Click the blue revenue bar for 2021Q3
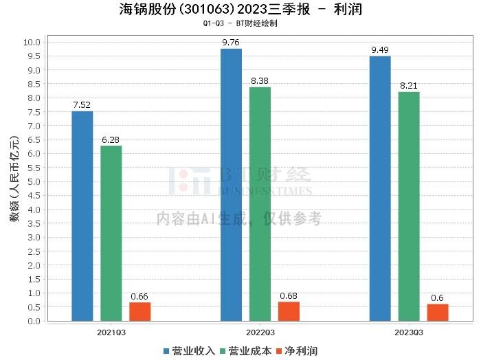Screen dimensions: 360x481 click(82, 216)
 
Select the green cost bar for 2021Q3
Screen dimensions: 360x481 click(111, 233)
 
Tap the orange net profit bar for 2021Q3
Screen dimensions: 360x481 click(139, 311)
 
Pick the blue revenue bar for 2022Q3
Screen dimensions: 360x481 click(231, 185)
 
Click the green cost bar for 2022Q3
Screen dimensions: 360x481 click(260, 204)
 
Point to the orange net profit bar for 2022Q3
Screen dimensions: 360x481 click(289, 311)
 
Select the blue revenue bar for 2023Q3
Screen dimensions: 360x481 click(380, 188)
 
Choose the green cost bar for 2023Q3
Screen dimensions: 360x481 click(409, 206)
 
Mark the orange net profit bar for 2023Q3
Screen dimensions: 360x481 click(437, 313)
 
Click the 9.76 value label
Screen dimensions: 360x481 click(231, 43)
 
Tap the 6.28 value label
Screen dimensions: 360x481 click(111, 140)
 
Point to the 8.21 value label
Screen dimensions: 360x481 click(409, 86)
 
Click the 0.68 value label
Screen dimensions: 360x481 click(289, 296)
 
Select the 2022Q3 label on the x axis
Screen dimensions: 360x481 click(259, 332)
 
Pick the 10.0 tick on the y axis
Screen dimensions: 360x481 click(33, 42)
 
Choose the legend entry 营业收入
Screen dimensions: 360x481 click(189, 351)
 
